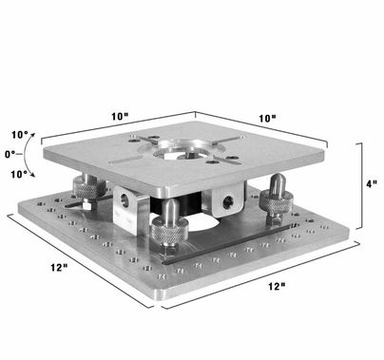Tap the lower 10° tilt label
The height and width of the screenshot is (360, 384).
[18, 173]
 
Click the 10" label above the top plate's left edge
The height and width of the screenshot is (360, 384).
[119, 116]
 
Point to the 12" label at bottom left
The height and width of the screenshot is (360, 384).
[60, 268]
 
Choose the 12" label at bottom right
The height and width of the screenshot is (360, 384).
[275, 285]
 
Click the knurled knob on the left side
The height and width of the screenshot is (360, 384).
[84, 187]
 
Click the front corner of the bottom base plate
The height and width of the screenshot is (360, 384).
[158, 306]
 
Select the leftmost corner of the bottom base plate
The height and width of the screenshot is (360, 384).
[10, 216]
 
